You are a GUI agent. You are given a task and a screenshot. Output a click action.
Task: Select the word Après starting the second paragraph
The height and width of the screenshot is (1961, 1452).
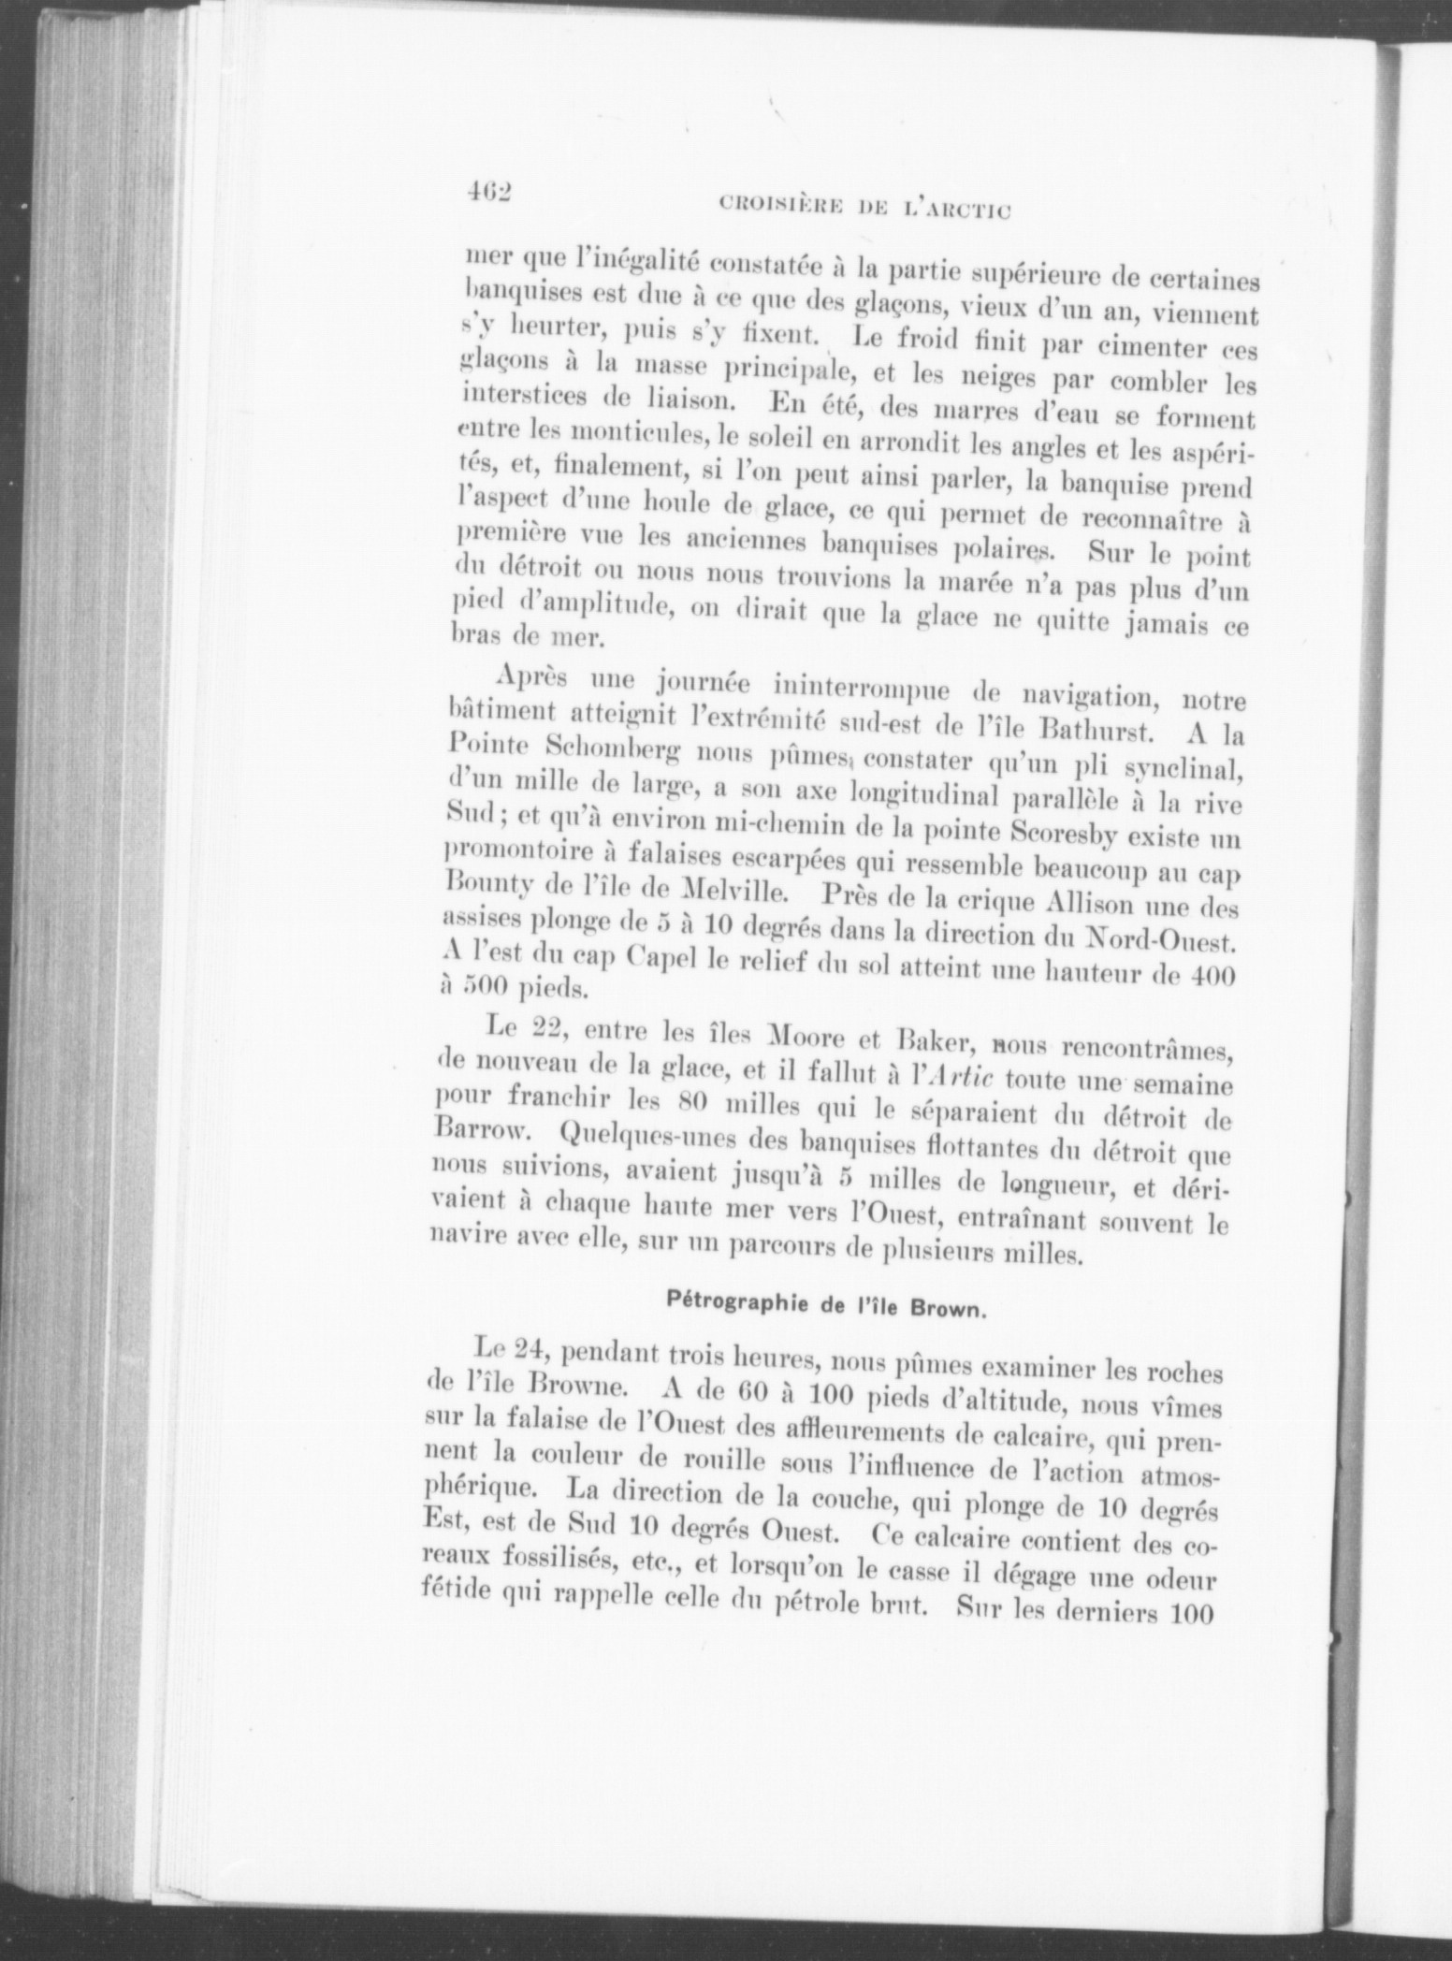pos(530,675)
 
